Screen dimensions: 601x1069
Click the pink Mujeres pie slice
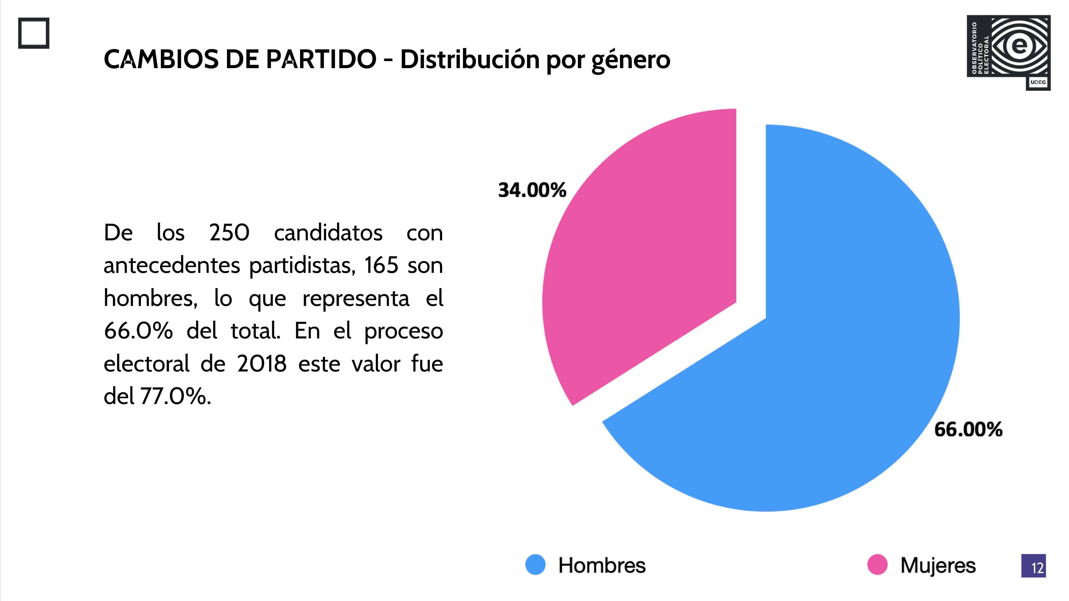[x=647, y=257]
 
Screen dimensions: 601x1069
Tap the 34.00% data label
[x=532, y=190]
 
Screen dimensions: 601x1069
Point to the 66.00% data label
[x=968, y=429]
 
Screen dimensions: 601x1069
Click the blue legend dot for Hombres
[x=535, y=565]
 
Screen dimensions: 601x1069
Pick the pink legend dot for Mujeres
[x=877, y=565]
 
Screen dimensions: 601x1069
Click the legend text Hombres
[x=602, y=565]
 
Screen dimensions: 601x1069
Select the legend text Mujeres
[x=938, y=565]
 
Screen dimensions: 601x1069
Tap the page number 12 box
[x=1033, y=566]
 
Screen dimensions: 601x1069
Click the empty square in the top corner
[x=34, y=33]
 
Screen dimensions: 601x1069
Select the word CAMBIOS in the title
[x=161, y=59]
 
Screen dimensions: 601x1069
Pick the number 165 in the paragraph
[x=381, y=265]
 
